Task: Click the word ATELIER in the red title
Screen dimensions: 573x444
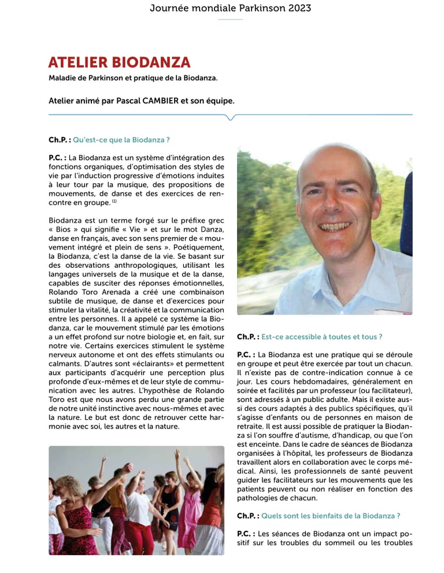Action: [x=76, y=62]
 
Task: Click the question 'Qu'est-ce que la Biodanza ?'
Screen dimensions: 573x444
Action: [x=121, y=140]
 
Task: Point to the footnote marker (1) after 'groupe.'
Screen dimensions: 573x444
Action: [x=114, y=202]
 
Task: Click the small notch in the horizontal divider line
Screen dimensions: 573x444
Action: [x=231, y=117]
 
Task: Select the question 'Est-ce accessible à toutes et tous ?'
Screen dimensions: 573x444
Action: [x=321, y=337]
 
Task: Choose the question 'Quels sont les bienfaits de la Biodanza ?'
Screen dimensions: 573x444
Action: [x=331, y=515]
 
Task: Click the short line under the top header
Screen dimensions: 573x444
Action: [x=231, y=20]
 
